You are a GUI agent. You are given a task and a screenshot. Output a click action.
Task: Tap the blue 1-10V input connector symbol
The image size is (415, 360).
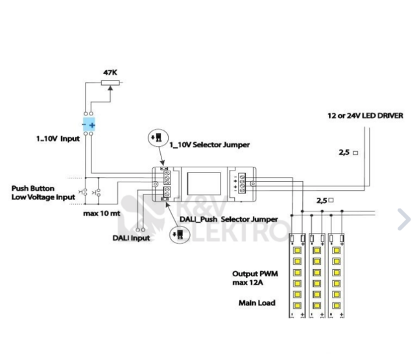[x=90, y=123]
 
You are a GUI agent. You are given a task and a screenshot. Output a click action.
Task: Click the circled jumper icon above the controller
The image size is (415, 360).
[x=156, y=139]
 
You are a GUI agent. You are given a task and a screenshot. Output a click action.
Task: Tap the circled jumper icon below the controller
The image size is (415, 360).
[x=176, y=235]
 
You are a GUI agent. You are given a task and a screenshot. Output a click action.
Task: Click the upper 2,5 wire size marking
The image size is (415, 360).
[x=348, y=154]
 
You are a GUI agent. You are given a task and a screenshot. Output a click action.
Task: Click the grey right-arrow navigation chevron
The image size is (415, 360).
[x=404, y=219]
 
